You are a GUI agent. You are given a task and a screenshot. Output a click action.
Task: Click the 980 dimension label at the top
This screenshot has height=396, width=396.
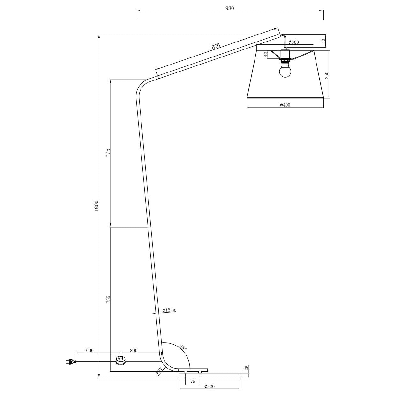pos(229,9)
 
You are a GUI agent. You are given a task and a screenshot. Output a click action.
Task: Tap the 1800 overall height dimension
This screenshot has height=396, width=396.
pos(96,205)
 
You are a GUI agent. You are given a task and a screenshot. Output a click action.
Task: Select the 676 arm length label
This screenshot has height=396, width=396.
pos(216,46)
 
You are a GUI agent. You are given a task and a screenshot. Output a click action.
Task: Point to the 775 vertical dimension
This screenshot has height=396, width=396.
pos(108,152)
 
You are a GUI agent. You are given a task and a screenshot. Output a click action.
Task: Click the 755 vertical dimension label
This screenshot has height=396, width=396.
pos(108,299)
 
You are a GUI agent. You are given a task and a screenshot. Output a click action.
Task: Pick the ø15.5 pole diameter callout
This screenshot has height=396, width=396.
pos(169,310)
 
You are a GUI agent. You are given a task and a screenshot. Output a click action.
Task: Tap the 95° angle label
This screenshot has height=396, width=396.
pos(182,347)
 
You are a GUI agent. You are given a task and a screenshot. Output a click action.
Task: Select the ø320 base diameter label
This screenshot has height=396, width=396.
pos(209,387)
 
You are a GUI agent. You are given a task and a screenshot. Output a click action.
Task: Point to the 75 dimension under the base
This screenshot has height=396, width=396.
pos(193,381)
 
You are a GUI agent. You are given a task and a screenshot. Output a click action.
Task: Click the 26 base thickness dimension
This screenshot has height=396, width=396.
pos(246,368)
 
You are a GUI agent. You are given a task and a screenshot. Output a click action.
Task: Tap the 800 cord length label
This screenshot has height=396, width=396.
pos(133,351)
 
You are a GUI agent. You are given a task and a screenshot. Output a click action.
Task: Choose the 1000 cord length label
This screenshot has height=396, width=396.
pos(88,351)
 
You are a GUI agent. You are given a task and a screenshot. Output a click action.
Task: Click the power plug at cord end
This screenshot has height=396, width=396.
pos(70,361)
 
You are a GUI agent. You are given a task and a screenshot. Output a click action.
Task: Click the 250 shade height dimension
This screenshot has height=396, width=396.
pos(326,75)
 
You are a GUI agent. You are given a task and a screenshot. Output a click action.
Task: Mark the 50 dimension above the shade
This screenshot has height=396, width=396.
pos(323,41)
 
